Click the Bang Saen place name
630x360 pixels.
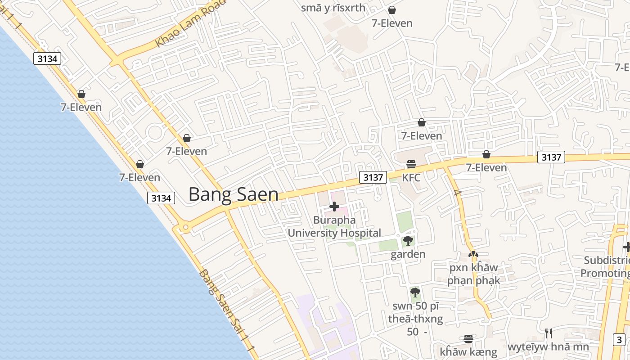(x=233, y=194)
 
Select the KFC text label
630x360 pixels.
(x=411, y=178)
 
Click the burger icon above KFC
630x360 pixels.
(x=411, y=164)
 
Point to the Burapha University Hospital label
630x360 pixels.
(x=334, y=226)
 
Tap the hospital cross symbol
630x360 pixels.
(x=334, y=207)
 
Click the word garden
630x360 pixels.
(x=408, y=254)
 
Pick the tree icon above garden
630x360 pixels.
(x=408, y=241)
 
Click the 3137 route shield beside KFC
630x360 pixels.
(x=373, y=177)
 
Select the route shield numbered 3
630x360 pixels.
(x=620, y=340)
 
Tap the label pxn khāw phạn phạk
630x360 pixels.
(x=473, y=274)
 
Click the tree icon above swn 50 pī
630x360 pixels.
(x=415, y=292)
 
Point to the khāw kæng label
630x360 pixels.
(x=468, y=352)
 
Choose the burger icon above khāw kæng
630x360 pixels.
(x=468, y=338)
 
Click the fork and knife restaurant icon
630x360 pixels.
(x=548, y=333)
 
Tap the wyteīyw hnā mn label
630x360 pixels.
(x=548, y=347)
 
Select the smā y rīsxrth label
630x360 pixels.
(x=333, y=8)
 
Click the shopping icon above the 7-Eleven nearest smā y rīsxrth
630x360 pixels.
(x=392, y=10)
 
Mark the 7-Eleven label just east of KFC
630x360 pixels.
(x=486, y=168)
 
